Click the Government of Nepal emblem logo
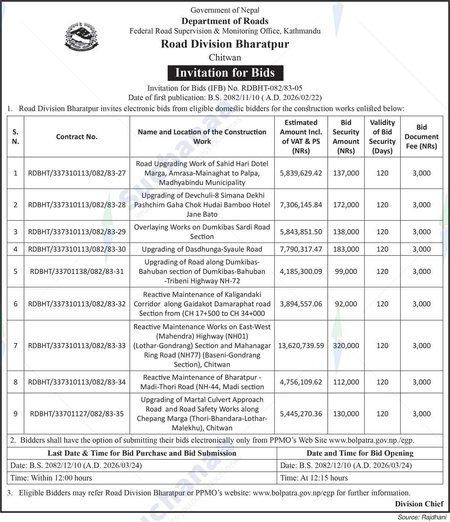(x=81, y=37)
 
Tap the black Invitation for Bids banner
(x=225, y=72)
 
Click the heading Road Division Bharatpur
(x=225, y=44)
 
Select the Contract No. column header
(x=77, y=137)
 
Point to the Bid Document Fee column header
(x=421, y=137)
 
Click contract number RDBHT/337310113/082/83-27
(x=77, y=173)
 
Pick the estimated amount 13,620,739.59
(x=301, y=346)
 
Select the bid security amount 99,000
(x=346, y=271)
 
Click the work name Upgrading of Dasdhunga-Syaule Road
(x=202, y=249)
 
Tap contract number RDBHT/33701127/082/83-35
(x=77, y=414)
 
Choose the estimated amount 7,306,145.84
(x=301, y=205)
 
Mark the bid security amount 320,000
(x=346, y=346)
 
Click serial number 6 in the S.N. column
(x=16, y=304)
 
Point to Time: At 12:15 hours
(x=314, y=478)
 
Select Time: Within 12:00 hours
(x=51, y=478)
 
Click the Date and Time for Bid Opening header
(x=360, y=453)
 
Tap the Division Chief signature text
(x=419, y=504)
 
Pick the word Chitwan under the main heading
(x=225, y=58)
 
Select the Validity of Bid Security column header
(x=382, y=137)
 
